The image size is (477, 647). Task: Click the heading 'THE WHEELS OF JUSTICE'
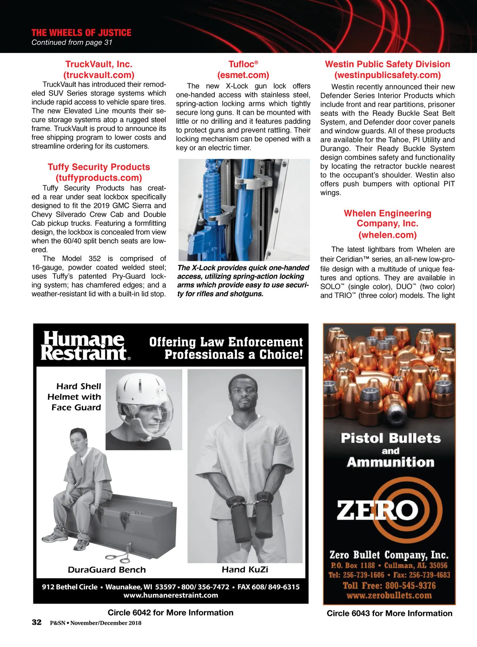[81, 33]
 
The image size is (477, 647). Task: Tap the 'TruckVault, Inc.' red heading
[99, 64]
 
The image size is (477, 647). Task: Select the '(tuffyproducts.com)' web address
[99, 178]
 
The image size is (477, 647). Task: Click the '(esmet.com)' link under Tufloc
[243, 75]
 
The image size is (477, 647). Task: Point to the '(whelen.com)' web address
[388, 235]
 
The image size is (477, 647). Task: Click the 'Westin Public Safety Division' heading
[388, 64]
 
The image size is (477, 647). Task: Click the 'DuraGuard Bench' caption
[107, 570]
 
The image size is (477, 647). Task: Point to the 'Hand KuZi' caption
[245, 570]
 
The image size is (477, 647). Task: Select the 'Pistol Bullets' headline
[390, 438]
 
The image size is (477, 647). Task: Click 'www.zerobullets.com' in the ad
[389, 596]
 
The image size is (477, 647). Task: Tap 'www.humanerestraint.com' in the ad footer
[171, 595]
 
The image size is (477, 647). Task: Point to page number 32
[37, 622]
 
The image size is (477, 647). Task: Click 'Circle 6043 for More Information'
[389, 614]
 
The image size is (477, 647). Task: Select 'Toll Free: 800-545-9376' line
[389, 586]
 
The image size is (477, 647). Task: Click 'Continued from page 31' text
[72, 43]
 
